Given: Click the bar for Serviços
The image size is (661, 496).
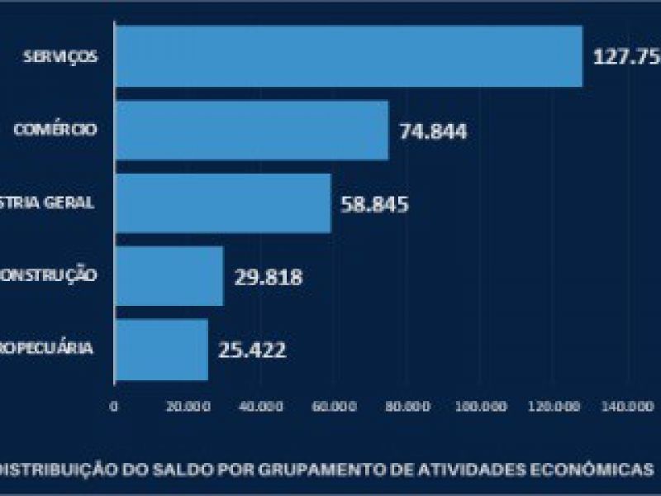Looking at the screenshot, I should tap(348, 56).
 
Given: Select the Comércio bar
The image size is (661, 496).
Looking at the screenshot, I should tap(252, 130).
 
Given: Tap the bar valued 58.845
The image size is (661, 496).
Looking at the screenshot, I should tap(222, 203).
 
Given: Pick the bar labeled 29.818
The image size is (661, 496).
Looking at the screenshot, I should tap(169, 276).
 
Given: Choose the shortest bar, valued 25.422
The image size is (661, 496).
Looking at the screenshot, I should tap(161, 349).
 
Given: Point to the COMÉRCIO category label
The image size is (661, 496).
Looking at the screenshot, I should tap(56, 130).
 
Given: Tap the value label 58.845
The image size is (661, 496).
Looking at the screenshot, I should tap(375, 204).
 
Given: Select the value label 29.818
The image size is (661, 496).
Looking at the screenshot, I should tap(268, 277).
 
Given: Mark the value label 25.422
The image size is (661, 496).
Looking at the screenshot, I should tap(252, 350).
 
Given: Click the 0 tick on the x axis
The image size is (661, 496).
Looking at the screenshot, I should tap(114, 407).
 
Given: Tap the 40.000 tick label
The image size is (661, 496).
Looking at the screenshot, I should tap(260, 407).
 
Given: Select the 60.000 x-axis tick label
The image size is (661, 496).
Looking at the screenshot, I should tap(335, 407).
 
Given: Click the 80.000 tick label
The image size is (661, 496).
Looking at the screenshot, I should tap(408, 407).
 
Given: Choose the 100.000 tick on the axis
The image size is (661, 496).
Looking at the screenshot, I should tap(482, 407).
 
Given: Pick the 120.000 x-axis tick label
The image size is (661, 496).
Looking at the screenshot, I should tap(555, 407).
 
